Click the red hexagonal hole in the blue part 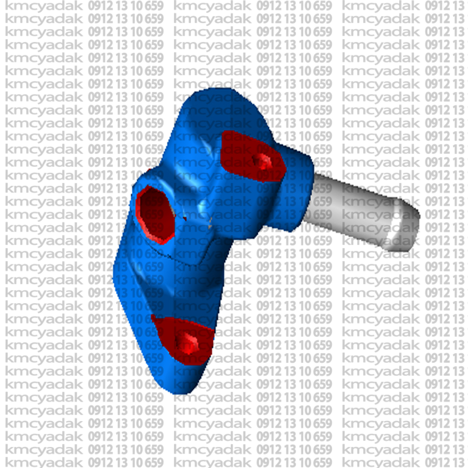pos(155,214)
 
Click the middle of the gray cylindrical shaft pos(352,209)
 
